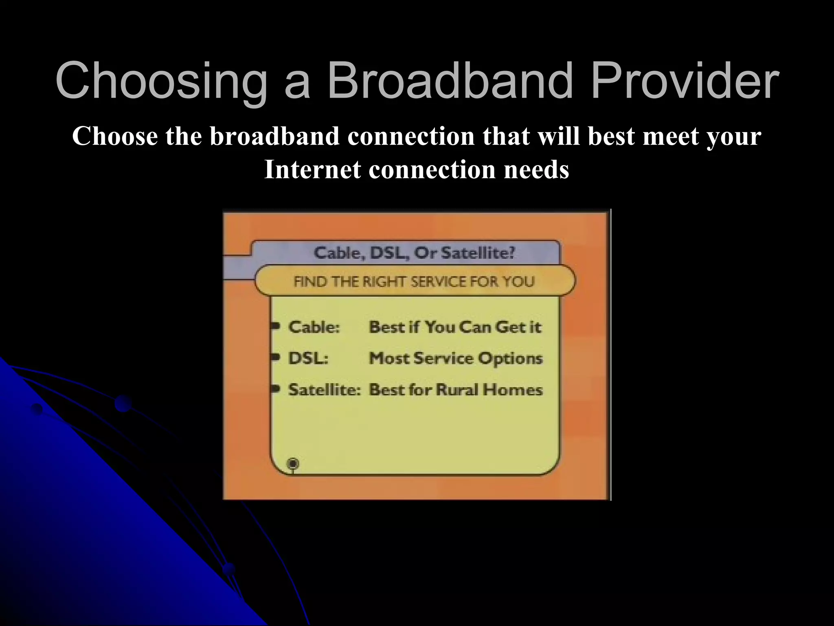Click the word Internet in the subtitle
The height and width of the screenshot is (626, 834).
click(x=312, y=169)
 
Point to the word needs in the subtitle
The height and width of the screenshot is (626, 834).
click(x=536, y=170)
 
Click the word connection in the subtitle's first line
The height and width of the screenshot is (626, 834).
click(x=411, y=136)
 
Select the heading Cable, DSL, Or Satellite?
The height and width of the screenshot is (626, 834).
click(x=414, y=253)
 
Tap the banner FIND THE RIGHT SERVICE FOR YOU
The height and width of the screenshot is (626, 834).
click(x=414, y=282)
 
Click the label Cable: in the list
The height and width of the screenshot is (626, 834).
click(x=314, y=327)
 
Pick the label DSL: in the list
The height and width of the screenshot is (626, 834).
click(x=308, y=358)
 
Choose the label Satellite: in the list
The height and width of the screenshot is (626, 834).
click(x=324, y=390)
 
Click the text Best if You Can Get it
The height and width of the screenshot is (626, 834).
click(x=455, y=327)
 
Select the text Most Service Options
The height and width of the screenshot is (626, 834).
click(x=456, y=358)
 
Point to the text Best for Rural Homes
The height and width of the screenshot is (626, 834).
click(x=456, y=390)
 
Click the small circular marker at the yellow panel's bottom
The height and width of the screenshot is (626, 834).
click(x=293, y=464)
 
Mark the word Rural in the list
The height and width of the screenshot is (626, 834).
click(x=457, y=390)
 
